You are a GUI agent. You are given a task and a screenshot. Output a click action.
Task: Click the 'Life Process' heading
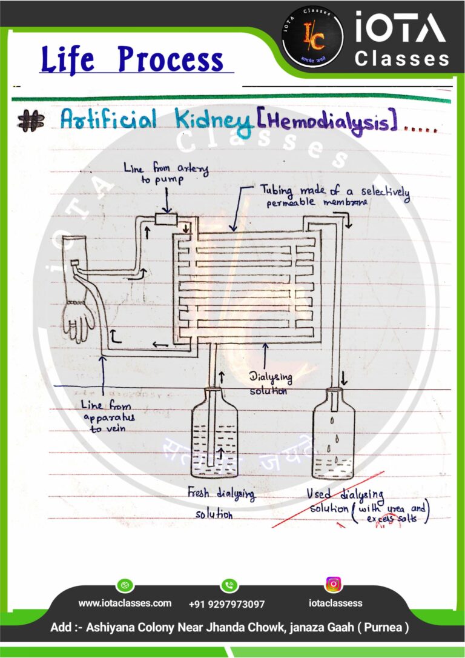point(133,60)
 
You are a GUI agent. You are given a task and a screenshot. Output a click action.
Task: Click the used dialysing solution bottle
point(333,435)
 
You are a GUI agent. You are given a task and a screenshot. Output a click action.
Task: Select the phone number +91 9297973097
point(226,604)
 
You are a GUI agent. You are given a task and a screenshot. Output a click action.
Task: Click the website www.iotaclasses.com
point(125,603)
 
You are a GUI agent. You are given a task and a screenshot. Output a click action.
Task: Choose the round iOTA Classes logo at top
point(312,36)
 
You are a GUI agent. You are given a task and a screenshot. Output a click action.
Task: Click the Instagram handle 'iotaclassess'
point(335,603)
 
